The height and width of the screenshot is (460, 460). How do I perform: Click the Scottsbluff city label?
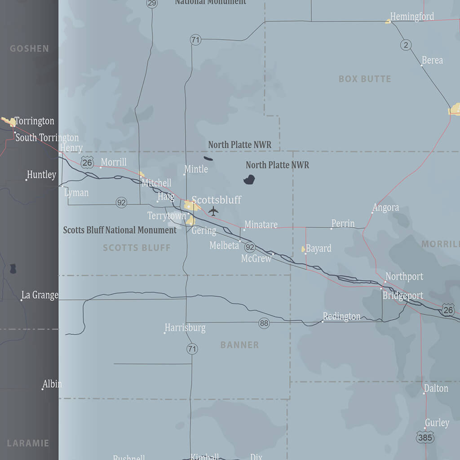click(217, 200)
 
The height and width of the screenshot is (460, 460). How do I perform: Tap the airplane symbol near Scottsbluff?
click(213, 211)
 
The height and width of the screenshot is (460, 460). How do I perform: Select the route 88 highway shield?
click(264, 323)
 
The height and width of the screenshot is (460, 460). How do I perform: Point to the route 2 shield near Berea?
click(406, 44)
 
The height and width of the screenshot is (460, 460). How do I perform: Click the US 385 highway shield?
click(425, 437)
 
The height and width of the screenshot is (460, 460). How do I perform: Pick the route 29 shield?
click(152, 4)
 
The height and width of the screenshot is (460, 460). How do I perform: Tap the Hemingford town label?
click(412, 17)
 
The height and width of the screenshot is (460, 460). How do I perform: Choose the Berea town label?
click(432, 60)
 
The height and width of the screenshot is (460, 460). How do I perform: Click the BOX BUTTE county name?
click(365, 79)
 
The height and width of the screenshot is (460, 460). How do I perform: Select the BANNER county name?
click(239, 345)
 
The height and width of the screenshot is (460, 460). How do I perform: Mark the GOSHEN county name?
click(29, 49)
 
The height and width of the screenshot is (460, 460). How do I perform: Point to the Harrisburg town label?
click(185, 328)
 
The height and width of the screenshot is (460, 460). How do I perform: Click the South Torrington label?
click(47, 137)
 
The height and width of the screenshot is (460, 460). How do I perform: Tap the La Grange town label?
click(40, 295)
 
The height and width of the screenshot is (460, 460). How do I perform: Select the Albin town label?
click(52, 384)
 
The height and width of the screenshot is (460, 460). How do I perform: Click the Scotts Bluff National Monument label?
click(119, 230)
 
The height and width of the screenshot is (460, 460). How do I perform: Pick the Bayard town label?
click(318, 248)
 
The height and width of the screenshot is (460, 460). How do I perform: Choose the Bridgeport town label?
click(402, 296)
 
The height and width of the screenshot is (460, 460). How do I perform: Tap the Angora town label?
click(386, 208)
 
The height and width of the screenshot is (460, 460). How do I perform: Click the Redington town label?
click(341, 317)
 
